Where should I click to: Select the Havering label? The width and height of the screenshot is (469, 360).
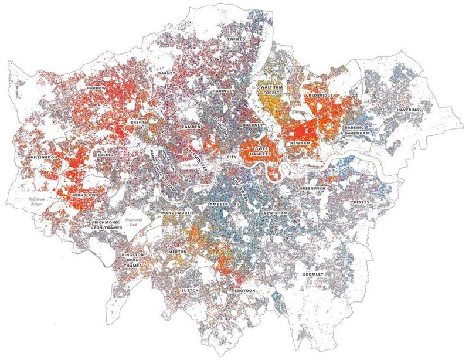click(x=407, y=110)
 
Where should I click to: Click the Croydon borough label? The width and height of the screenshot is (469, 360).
click(x=245, y=291)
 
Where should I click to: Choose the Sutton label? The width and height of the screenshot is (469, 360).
click(x=190, y=290)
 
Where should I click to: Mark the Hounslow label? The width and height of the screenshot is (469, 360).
click(x=84, y=195)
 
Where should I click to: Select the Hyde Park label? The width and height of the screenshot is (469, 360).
click(x=192, y=165)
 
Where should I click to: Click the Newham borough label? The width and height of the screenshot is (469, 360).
click(x=300, y=143)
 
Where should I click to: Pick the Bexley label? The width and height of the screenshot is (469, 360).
click(x=362, y=202)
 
